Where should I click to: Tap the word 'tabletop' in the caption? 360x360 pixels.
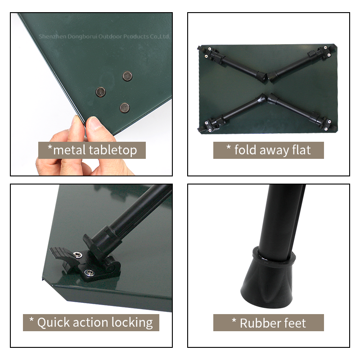pyautogui.click(x=113, y=151)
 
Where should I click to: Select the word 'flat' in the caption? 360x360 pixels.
pyautogui.click(x=301, y=150)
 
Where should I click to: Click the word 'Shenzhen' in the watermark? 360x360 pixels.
pyautogui.click(x=53, y=36)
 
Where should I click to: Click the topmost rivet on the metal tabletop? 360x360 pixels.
pyautogui.click(x=127, y=76)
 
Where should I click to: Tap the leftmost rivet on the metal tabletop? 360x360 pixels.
pyautogui.click(x=100, y=92)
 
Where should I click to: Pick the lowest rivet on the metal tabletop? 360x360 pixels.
pyautogui.click(x=125, y=108)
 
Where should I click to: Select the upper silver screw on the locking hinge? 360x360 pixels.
pyautogui.click(x=78, y=254)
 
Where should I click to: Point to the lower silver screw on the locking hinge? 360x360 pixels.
pyautogui.click(x=89, y=273)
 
